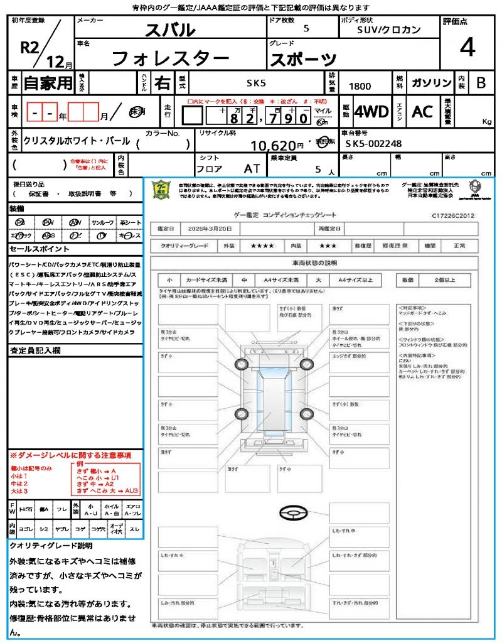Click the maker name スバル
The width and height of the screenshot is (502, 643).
(x=170, y=30)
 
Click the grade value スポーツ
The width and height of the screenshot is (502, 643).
(x=302, y=59)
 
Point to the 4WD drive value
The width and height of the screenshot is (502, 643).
(x=371, y=112)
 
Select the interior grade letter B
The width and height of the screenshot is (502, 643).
(x=481, y=84)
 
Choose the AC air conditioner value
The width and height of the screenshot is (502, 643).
(x=422, y=112)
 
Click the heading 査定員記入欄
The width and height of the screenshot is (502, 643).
(x=35, y=351)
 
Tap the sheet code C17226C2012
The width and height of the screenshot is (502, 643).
(x=452, y=215)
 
